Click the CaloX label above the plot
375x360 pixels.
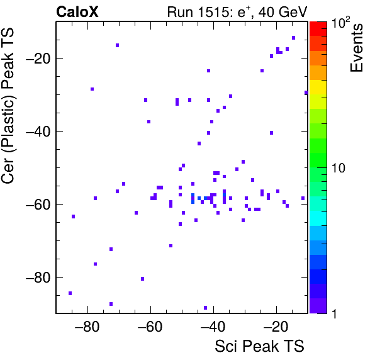point(77,12)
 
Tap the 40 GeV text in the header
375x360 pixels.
point(283,12)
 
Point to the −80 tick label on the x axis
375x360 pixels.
point(87,327)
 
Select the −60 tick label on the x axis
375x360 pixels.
point(150,327)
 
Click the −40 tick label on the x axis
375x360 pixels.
point(213,327)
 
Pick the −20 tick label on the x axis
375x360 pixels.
point(276,327)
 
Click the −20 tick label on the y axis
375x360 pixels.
point(38,58)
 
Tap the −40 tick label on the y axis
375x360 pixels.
point(38,132)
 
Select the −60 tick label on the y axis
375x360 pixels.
point(38,205)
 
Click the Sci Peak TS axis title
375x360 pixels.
point(259,346)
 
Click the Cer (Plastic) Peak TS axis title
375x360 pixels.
point(8,106)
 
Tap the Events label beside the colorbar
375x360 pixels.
point(356,48)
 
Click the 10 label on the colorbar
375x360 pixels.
point(338,168)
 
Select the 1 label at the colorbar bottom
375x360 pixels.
point(334,313)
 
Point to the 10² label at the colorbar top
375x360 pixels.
point(340,23)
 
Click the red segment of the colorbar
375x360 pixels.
point(318,29)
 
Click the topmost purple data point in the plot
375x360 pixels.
point(293,38)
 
